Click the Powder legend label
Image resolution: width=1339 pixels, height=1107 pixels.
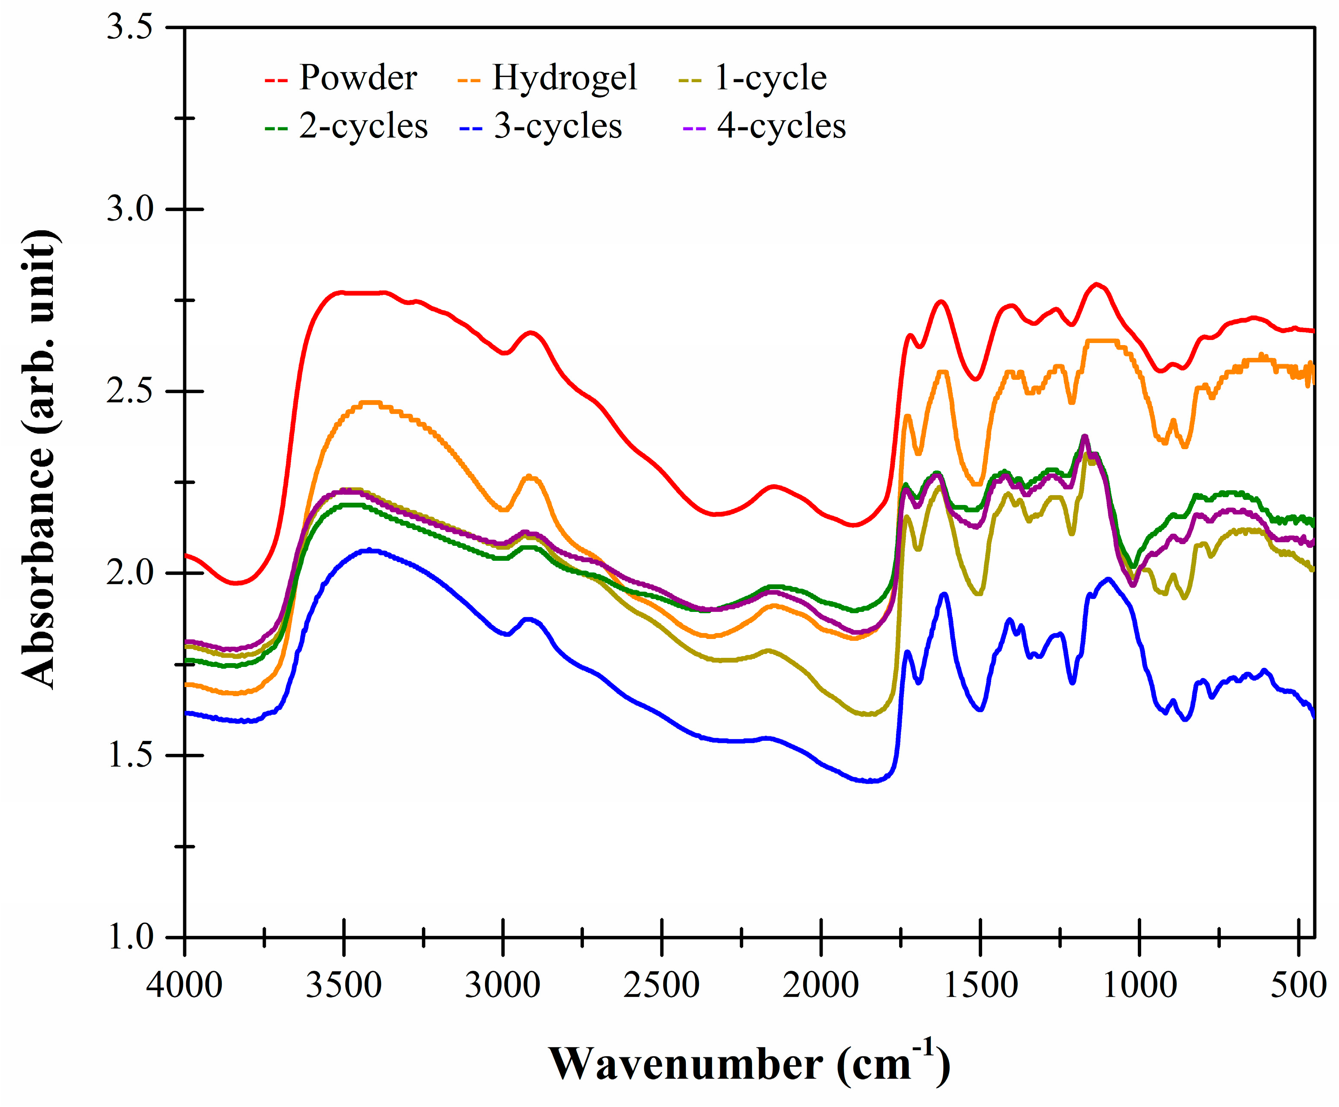click(x=358, y=78)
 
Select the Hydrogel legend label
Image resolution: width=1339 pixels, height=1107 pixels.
click(x=564, y=78)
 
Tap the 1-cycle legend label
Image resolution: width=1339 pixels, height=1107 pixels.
click(x=770, y=78)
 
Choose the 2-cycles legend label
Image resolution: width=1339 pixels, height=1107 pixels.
click(x=363, y=126)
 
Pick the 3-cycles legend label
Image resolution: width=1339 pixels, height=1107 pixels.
click(x=558, y=126)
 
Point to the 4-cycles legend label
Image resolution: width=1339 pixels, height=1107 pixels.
click(x=781, y=126)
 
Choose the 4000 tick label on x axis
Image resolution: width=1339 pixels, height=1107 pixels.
click(x=184, y=985)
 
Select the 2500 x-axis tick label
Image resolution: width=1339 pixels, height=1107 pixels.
click(x=662, y=985)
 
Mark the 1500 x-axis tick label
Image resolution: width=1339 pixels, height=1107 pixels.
click(x=980, y=985)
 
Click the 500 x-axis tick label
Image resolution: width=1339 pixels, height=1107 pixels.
click(x=1298, y=985)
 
